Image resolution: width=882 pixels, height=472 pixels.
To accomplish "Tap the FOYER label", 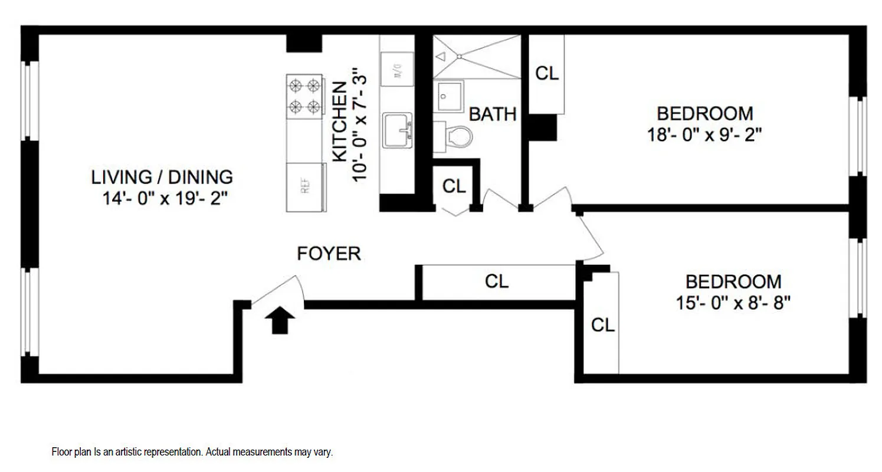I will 329,254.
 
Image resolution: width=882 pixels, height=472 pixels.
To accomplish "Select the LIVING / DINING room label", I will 162,176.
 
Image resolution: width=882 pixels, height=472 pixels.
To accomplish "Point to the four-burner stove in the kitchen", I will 304,95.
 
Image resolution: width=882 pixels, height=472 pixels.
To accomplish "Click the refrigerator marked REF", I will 306,187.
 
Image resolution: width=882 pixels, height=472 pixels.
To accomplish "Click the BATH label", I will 493,114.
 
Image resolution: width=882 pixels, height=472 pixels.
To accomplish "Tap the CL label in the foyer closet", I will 497,282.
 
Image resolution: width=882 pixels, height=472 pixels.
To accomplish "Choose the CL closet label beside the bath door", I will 454,186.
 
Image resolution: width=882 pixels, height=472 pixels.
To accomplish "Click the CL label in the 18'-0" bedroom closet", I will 546,74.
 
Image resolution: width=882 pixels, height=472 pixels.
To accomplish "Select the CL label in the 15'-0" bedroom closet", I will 603,324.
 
